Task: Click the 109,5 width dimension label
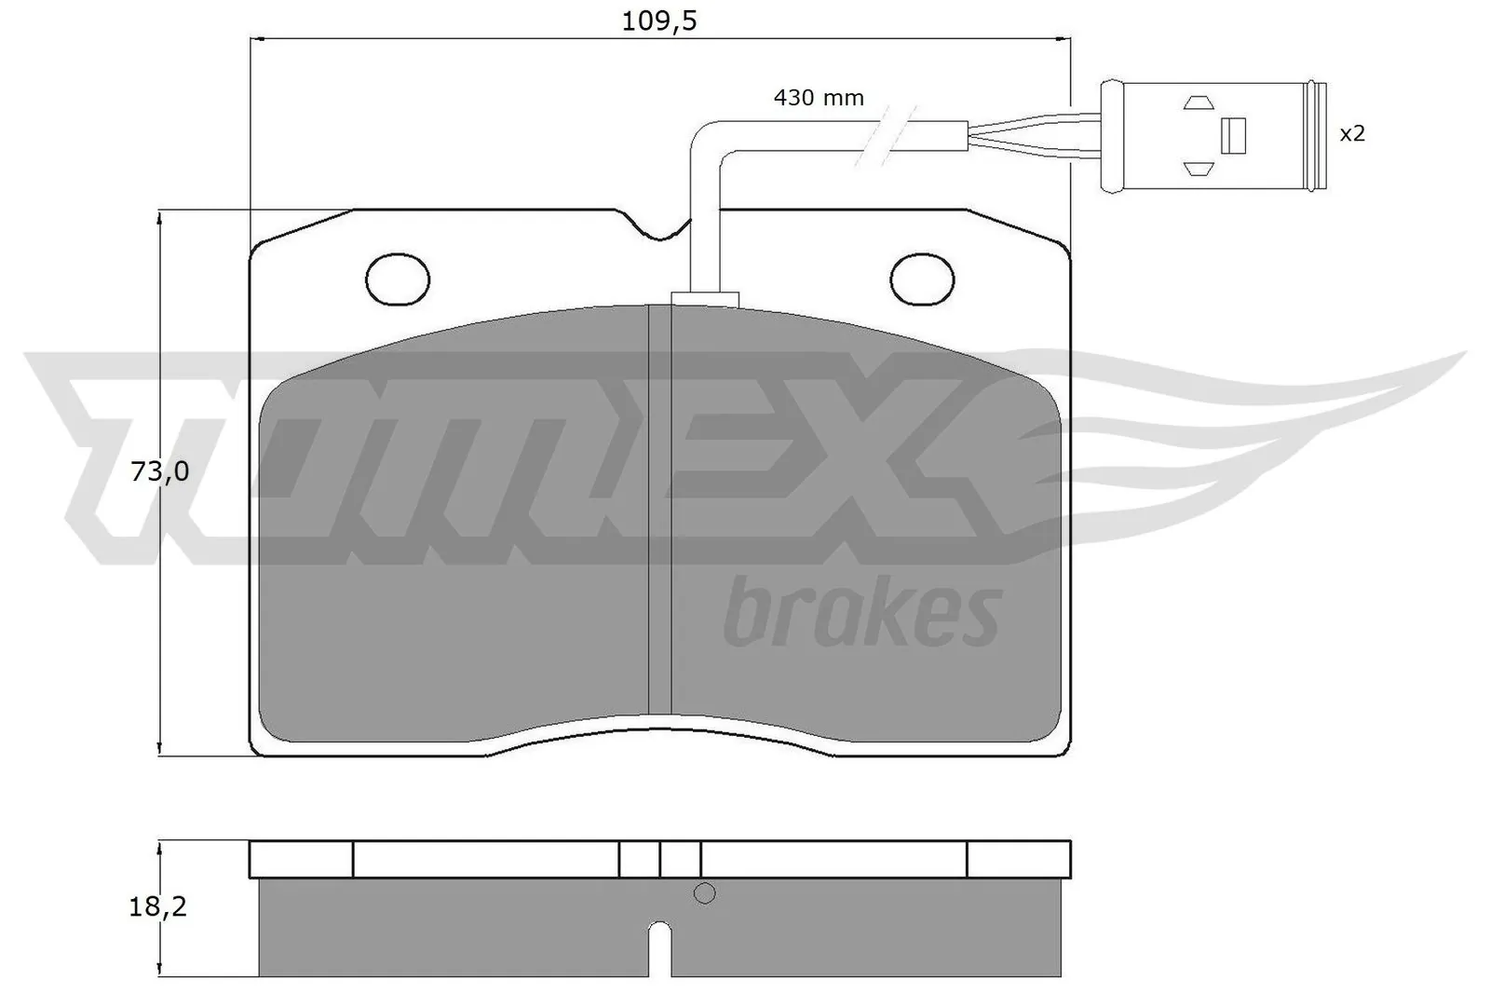[659, 20]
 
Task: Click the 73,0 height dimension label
[160, 471]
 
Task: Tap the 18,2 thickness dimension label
[157, 906]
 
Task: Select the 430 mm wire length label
[819, 97]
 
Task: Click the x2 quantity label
[1352, 133]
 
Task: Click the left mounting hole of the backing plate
[399, 278]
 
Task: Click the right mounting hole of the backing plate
[923, 278]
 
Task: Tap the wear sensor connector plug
[1211, 136]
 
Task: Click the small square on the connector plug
[1233, 136]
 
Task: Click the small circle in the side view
[705, 893]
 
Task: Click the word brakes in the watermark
[861, 613]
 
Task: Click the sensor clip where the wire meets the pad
[704, 298]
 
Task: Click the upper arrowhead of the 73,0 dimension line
[161, 216]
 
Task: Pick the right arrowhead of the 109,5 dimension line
[1064, 39]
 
